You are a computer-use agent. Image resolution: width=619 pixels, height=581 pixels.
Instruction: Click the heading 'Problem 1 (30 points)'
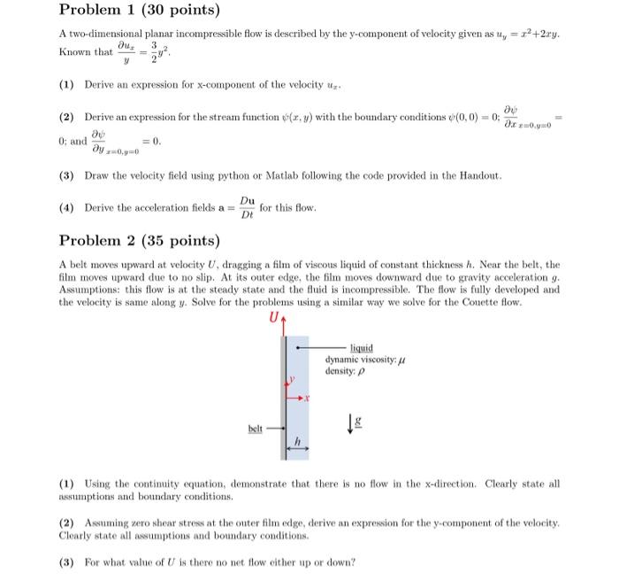coord(139,12)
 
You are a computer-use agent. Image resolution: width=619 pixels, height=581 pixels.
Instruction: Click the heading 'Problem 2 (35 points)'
coord(139,241)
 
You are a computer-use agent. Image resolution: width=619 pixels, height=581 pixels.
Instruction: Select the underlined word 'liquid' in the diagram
coord(362,348)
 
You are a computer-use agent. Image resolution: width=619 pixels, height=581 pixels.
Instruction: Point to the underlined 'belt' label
coord(256,428)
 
